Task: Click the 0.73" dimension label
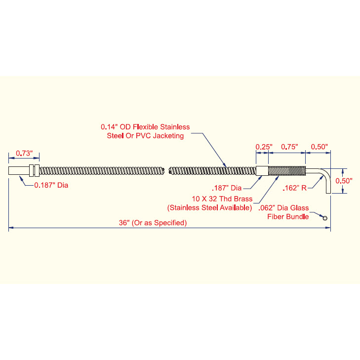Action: [24, 153]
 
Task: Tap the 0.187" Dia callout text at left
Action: [51, 185]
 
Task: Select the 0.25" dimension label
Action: [264, 147]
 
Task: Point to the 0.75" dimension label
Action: [289, 147]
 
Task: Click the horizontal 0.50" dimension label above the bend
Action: [320, 147]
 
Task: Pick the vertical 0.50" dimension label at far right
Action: [344, 181]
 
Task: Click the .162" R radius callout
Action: [294, 188]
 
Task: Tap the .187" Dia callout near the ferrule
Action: [227, 188]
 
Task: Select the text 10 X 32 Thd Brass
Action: [222, 199]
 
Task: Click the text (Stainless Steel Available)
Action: [209, 208]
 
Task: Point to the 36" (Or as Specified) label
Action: [153, 223]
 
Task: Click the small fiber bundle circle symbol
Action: [324, 218]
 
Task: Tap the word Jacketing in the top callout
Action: [168, 136]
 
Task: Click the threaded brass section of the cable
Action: [287, 170]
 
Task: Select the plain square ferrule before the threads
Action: [262, 170]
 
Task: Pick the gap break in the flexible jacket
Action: [167, 170]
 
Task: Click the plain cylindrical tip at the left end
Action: [19, 170]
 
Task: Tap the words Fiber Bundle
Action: [288, 216]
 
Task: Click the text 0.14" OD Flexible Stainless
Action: [145, 127]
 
